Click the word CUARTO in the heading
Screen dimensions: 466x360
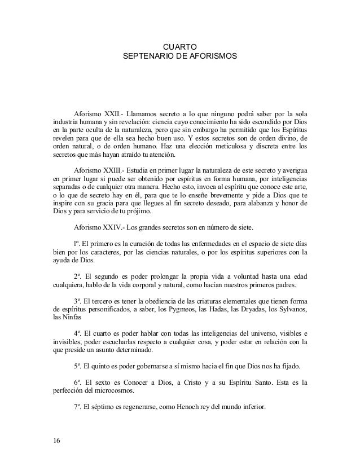(x=179, y=46)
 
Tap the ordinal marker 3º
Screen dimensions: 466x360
(x=78, y=299)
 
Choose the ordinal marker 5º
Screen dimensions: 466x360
(x=78, y=366)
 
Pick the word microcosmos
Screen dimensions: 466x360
(x=116, y=392)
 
